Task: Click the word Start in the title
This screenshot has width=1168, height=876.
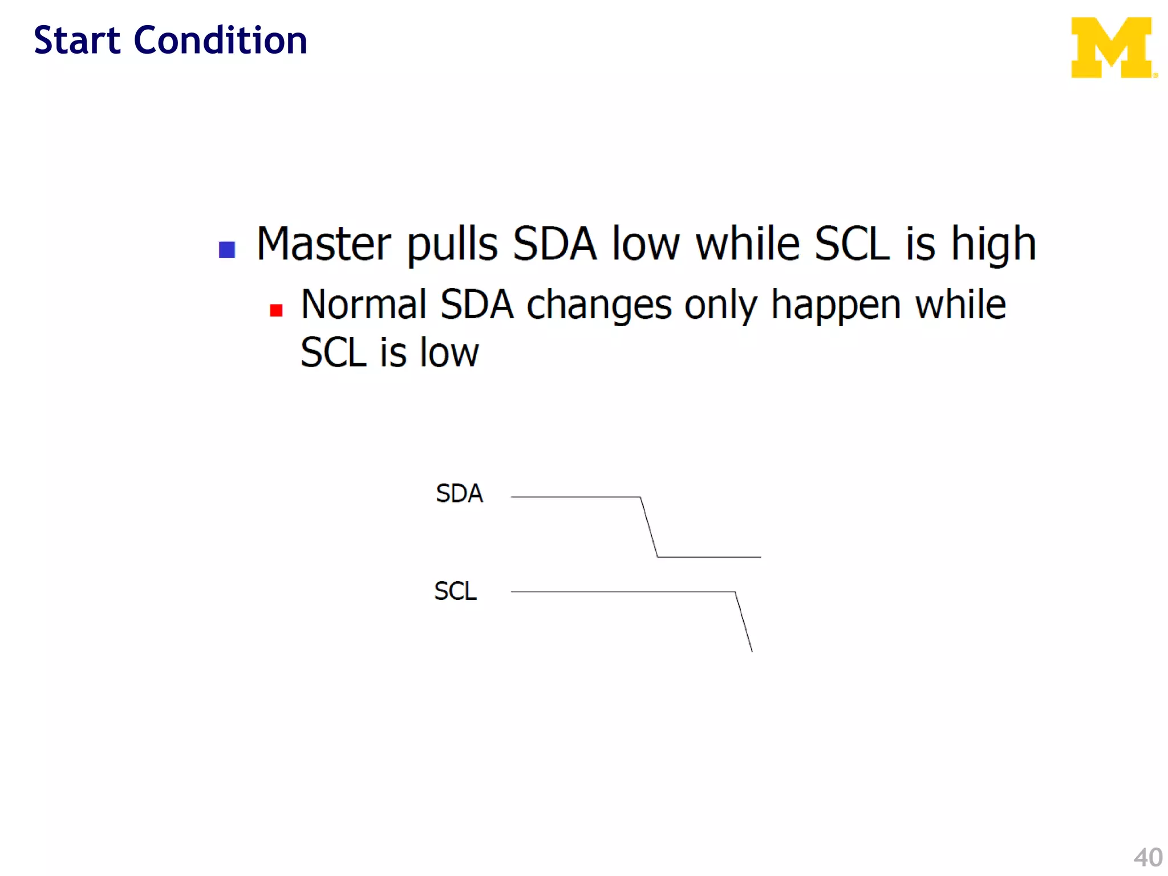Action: [x=77, y=40]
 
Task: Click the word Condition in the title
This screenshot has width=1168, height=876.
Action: [x=220, y=40]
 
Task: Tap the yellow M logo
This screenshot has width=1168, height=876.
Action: [x=1113, y=47]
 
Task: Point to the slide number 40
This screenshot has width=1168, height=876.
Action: [x=1147, y=857]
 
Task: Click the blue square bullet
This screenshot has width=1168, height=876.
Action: [x=227, y=249]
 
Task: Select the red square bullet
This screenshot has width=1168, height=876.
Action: [x=277, y=310]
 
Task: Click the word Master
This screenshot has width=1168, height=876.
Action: [x=323, y=244]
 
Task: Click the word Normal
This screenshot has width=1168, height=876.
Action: [x=364, y=305]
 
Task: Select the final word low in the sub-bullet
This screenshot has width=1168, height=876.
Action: [x=449, y=352]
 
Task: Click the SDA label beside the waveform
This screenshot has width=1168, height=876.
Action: [x=459, y=493]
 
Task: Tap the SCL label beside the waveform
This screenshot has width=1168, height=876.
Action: [x=455, y=591]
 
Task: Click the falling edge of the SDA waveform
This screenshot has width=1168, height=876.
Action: [x=649, y=527]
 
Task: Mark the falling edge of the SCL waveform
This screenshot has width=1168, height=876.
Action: [x=744, y=622]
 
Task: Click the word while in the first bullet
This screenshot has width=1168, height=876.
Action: [x=748, y=244]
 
